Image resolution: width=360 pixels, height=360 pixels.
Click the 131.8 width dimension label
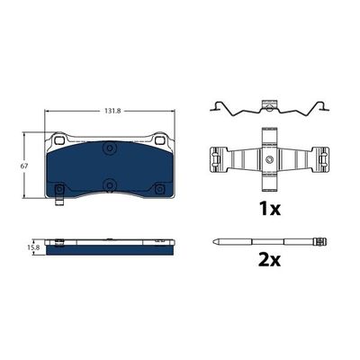(112, 111)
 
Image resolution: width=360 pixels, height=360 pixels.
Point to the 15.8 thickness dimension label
(33, 247)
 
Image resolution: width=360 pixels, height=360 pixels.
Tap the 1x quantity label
(270, 209)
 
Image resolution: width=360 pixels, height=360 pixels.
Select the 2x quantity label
(269, 260)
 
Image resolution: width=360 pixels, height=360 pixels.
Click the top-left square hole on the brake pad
(60, 139)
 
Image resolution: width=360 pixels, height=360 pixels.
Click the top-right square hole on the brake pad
(159, 139)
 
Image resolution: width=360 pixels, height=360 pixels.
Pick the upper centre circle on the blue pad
(110, 148)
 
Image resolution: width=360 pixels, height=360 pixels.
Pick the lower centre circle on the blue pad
(110, 184)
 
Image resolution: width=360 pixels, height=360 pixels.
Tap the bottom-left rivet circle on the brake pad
(59, 189)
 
